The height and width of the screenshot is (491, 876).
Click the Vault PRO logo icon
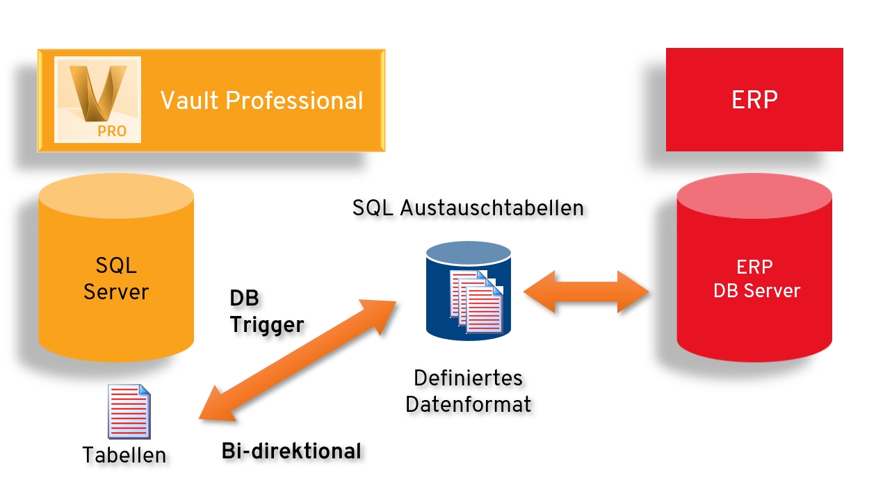pos(98,99)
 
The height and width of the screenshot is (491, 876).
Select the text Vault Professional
pos(262,101)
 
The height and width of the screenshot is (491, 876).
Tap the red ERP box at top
pos(754,99)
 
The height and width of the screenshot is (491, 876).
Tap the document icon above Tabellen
pos(129,411)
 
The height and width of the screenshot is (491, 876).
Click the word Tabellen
pos(124,455)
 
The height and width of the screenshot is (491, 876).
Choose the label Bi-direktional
pos(291,451)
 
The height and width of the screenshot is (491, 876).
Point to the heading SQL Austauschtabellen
pos(468,208)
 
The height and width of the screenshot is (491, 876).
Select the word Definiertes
pos(468,378)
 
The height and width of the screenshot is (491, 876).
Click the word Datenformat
pos(469,403)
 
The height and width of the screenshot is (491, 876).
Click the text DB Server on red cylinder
pos(756,290)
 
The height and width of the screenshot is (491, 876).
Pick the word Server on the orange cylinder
pos(116,291)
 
